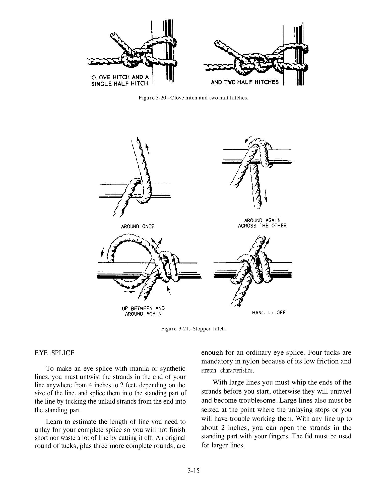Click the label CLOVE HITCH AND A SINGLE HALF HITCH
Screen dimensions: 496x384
[120, 80]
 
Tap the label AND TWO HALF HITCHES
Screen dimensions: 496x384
[244, 82]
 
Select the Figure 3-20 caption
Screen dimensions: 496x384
[194, 98]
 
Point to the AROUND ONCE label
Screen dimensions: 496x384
[138, 226]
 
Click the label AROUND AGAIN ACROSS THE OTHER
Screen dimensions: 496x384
[262, 223]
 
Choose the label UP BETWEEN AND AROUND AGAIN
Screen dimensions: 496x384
[143, 311]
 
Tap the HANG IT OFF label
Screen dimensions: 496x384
[269, 312]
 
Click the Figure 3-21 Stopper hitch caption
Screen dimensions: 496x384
[194, 329]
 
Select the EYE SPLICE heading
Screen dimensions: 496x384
[54, 353]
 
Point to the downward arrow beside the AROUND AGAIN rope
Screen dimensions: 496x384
[266, 196]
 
